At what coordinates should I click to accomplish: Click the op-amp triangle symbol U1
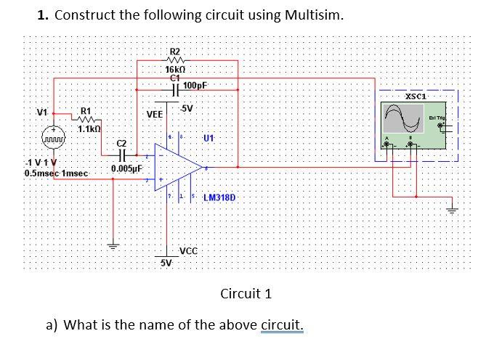click(176, 168)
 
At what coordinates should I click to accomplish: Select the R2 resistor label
click(174, 52)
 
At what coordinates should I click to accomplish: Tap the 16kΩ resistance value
click(175, 68)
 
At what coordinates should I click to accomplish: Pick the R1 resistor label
click(86, 111)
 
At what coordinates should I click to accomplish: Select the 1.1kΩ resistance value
click(89, 128)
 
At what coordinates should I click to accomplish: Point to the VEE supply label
click(154, 115)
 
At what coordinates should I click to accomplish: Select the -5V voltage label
click(186, 109)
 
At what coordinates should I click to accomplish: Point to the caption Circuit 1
click(246, 293)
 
